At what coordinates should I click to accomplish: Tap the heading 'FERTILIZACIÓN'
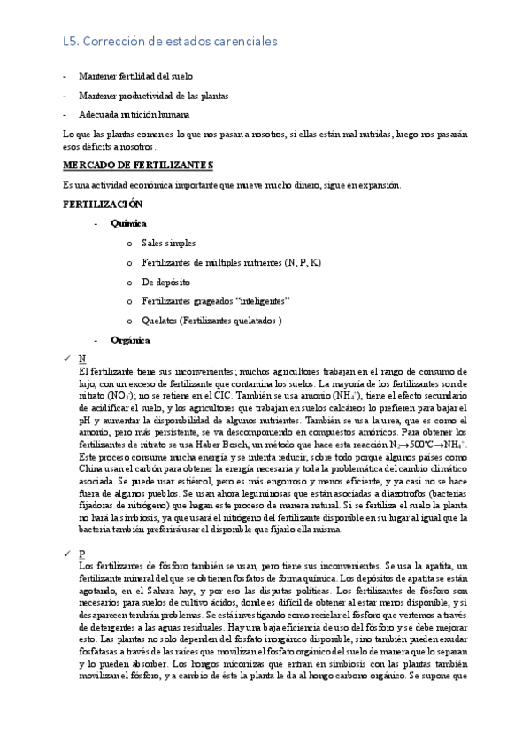[x=104, y=204]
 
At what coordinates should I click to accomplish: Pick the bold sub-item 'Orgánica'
[x=131, y=339]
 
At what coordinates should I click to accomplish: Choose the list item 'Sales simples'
[x=168, y=243]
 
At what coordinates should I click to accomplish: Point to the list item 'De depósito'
[x=165, y=282]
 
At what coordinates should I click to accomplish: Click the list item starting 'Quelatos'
[x=211, y=321]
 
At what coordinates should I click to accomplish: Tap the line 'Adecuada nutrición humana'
[x=133, y=114]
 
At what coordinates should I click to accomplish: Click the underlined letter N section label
[x=82, y=358]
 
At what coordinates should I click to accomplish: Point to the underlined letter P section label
[x=82, y=552]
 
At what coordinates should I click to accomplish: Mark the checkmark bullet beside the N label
[x=66, y=358]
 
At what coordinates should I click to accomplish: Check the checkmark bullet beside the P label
[x=66, y=552]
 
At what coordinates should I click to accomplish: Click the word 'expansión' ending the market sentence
[x=377, y=185]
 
